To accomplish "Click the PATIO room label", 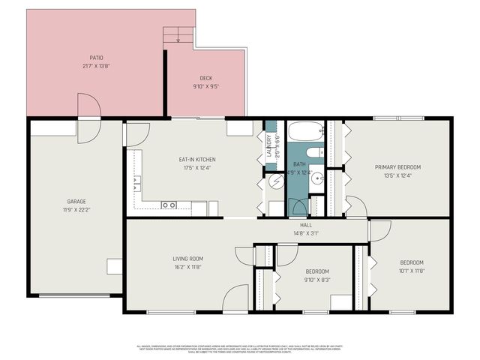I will [x=96, y=57].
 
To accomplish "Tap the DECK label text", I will [x=205, y=78].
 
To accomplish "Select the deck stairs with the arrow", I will [x=178, y=34].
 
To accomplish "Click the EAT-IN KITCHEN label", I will [x=197, y=159].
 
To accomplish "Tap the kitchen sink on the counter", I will [x=169, y=205].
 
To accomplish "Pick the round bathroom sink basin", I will [x=316, y=178].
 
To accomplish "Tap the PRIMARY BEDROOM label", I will [x=397, y=167].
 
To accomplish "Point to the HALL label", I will [x=306, y=225].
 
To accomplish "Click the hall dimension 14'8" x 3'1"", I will [x=306, y=233].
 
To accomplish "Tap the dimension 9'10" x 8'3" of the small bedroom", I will [x=316, y=279].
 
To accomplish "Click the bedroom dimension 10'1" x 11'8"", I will [x=411, y=271].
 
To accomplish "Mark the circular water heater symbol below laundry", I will [x=274, y=181].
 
